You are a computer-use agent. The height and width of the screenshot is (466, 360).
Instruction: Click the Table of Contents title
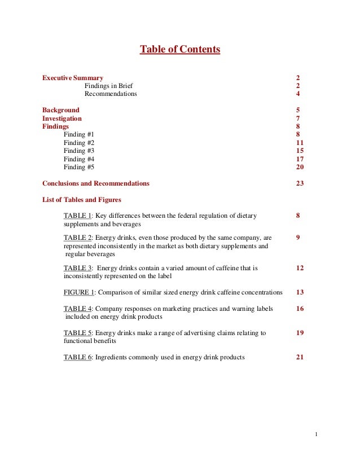tap(179, 50)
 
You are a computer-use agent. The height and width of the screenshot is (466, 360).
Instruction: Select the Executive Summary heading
tap(73, 77)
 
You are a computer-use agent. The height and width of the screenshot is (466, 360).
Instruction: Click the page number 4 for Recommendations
tap(298, 94)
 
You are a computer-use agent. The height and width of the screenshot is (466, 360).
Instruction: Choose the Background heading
tap(61, 110)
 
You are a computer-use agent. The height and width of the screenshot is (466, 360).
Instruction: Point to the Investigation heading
tap(62, 118)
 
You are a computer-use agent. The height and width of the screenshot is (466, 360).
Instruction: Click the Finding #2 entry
tap(79, 143)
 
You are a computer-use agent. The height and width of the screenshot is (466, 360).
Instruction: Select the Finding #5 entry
tap(79, 167)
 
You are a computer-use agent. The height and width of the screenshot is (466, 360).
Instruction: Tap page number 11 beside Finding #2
tap(300, 143)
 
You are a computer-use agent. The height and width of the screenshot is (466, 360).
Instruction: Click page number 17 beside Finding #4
tap(300, 159)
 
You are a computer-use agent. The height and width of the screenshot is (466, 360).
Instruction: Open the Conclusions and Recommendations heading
tap(96, 183)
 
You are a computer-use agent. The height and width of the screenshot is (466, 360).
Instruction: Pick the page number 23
tap(300, 183)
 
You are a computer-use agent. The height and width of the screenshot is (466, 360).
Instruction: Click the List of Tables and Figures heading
tap(82, 200)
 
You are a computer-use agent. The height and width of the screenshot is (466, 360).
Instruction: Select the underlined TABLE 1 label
tap(77, 216)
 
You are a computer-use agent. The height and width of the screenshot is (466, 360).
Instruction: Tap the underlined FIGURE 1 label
tap(79, 292)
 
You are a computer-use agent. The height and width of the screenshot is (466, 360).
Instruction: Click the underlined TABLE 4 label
tap(77, 309)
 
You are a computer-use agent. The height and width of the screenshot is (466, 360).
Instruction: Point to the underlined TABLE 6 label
tap(77, 357)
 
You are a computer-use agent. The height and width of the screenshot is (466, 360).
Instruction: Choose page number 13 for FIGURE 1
tap(300, 292)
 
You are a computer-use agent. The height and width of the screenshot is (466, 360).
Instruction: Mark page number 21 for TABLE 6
tap(300, 357)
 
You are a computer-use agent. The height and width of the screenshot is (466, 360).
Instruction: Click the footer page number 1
tap(317, 434)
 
